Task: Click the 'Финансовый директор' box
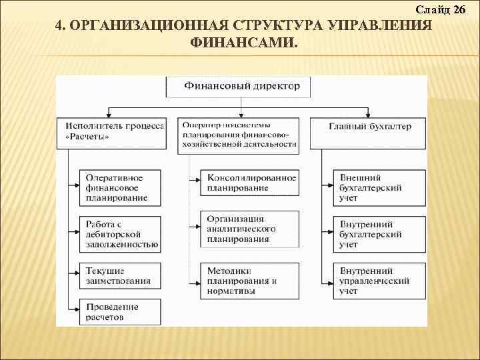click(241, 86)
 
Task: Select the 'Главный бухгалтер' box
click(370, 126)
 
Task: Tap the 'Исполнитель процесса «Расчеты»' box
click(115, 131)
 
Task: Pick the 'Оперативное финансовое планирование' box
click(120, 187)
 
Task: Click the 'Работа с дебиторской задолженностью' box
click(120, 235)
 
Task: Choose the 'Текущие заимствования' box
click(120, 276)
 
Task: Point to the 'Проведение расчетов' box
click(120, 312)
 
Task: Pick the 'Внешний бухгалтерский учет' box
click(379, 187)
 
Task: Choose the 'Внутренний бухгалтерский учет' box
click(379, 235)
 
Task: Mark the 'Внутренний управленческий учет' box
click(379, 281)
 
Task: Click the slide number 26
click(459, 9)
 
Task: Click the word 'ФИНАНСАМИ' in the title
click(244, 42)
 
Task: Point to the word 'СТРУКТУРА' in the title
click(279, 26)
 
